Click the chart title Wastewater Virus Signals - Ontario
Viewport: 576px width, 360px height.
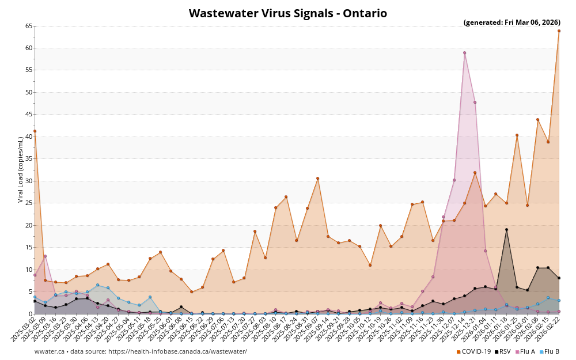coord(288,13)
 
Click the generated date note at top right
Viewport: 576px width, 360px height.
coord(511,22)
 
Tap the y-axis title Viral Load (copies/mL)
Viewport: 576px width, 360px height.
coord(21,169)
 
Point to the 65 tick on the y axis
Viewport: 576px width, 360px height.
coord(29,26)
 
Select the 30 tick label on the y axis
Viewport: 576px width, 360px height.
coord(29,181)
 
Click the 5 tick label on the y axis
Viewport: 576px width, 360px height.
coord(31,291)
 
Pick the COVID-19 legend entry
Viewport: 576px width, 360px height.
coord(473,351)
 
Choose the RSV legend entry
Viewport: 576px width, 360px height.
coord(502,351)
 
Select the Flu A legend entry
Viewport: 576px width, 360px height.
coord(525,351)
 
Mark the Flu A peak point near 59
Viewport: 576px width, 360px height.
coord(464,52)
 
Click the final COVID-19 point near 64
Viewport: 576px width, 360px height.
coord(559,31)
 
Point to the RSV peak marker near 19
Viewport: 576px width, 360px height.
coord(506,229)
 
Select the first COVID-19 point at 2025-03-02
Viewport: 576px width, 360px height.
coord(35,131)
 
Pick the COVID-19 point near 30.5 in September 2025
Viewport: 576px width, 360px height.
coord(317,178)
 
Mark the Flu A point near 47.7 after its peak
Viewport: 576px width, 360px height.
coord(475,103)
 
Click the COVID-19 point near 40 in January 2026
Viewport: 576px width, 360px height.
coord(517,135)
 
